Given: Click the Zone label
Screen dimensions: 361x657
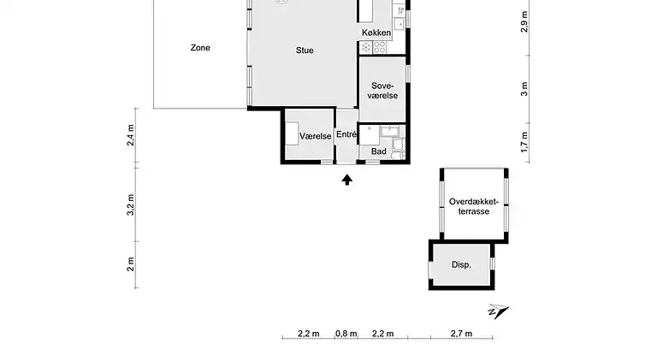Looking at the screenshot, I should [200, 48].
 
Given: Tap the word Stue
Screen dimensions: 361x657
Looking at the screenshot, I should [305, 50].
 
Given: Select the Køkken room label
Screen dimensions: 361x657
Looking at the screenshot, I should [376, 33].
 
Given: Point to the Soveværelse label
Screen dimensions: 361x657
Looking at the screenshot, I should [382, 91].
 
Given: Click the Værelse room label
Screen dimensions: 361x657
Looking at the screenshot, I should [316, 136].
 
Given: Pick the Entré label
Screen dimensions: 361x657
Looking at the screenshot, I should [346, 134].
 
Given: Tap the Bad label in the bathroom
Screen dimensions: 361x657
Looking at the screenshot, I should [379, 151].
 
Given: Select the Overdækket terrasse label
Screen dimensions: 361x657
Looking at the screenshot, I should [475, 206].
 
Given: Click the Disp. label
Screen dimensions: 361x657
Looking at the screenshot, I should [462, 265].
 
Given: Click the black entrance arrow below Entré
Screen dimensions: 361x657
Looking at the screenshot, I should [347, 180].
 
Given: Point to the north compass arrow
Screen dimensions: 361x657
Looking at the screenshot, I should [498, 311].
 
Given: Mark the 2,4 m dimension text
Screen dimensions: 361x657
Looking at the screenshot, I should [132, 136].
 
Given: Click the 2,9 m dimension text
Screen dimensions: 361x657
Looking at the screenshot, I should [524, 21].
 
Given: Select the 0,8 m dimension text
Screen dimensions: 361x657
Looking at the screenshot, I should [346, 334].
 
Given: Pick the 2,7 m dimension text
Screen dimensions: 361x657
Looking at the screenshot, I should [461, 334].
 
